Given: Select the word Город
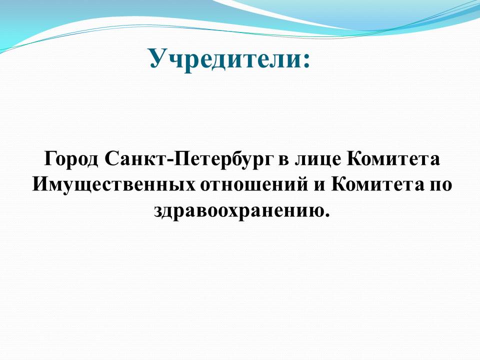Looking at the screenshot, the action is [71, 159].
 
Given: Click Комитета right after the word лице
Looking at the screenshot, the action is [393, 158].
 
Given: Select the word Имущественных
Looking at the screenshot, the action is [113, 184].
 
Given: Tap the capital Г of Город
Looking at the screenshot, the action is [51, 158].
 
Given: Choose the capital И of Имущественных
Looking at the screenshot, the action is [40, 184].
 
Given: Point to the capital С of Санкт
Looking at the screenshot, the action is [111, 158].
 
